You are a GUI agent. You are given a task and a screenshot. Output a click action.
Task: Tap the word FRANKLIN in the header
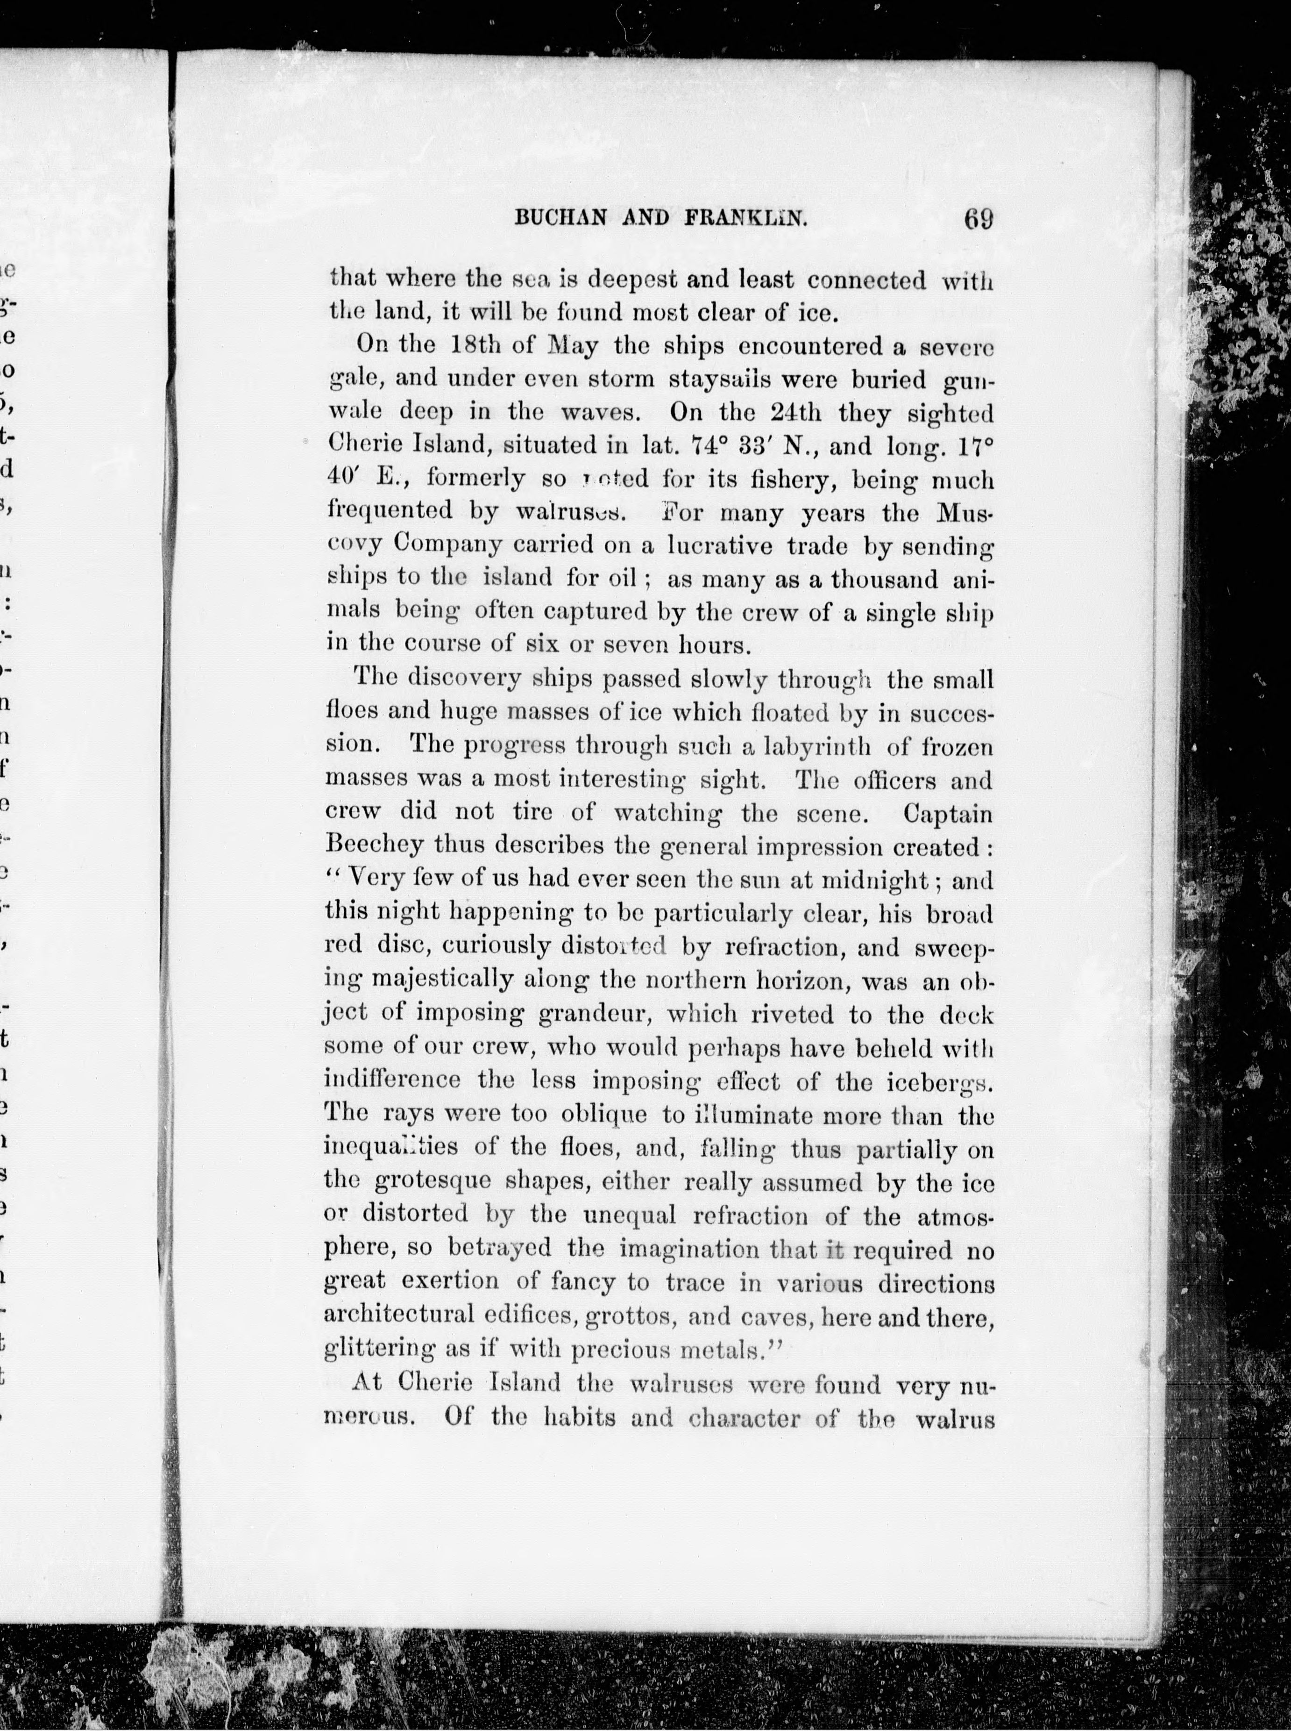click(746, 219)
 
